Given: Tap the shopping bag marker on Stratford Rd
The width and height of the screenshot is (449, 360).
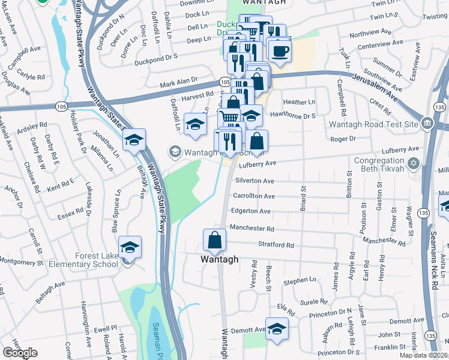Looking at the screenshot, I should (214, 240).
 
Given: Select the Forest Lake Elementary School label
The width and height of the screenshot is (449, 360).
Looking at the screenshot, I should (97, 260).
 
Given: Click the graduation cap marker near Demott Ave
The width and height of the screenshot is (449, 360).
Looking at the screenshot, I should (277, 329).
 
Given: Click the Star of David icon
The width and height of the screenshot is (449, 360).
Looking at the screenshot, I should (412, 163).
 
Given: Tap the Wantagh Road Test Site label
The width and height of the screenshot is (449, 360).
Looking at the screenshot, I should (373, 124).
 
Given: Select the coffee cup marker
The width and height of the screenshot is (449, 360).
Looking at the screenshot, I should (279, 50).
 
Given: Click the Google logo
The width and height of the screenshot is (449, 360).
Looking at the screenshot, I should (20, 353).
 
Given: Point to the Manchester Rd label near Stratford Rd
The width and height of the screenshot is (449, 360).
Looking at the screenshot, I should (253, 229).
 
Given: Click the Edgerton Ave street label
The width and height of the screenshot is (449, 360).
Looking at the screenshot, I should (252, 211).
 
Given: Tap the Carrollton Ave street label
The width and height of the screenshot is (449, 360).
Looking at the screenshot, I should (254, 196).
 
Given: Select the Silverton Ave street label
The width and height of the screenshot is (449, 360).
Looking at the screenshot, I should (255, 181).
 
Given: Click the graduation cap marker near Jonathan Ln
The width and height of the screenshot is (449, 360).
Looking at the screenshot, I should (134, 140).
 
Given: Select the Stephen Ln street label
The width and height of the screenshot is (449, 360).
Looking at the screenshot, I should (300, 280).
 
